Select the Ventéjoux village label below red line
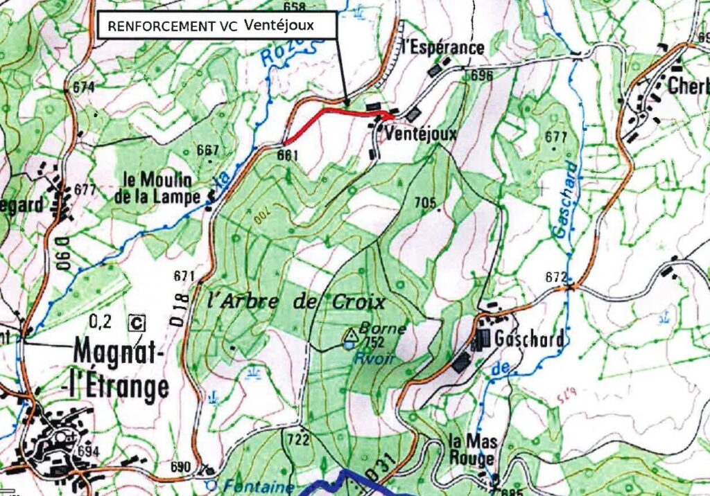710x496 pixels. pyautogui.click(x=421, y=133)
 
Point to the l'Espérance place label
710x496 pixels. pyautogui.click(x=442, y=48)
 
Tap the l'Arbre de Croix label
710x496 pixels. pyautogui.click(x=296, y=303)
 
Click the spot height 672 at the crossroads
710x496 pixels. pyautogui.click(x=555, y=278)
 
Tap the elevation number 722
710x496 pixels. pyautogui.click(x=297, y=439)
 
